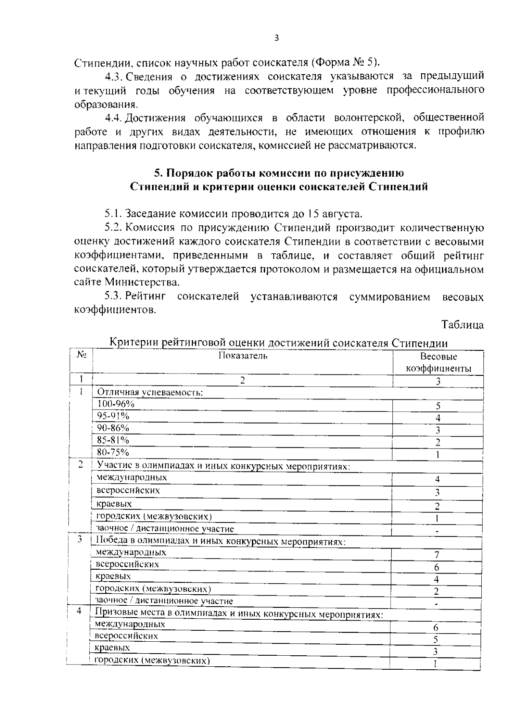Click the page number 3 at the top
pyautogui.click(x=277, y=38)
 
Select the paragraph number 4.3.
pyautogui.click(x=113, y=77)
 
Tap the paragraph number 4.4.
pyautogui.click(x=113, y=118)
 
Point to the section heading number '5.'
pyautogui.click(x=157, y=173)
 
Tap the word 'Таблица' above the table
pyautogui.click(x=463, y=325)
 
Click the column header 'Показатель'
pyautogui.click(x=243, y=355)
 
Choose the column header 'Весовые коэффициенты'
pyautogui.click(x=438, y=363)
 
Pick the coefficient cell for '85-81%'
pyautogui.click(x=438, y=443)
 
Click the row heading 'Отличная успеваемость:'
pyautogui.click(x=150, y=392)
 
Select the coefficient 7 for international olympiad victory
pyautogui.click(x=436, y=555)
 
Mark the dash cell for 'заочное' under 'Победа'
pyautogui.click(x=436, y=603)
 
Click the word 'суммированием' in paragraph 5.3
pyautogui.click(x=390, y=297)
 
